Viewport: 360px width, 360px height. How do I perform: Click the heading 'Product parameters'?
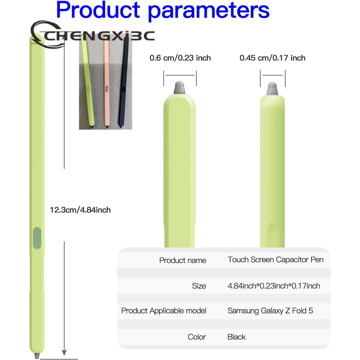[x=163, y=10]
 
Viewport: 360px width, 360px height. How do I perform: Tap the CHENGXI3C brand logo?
[x=92, y=35]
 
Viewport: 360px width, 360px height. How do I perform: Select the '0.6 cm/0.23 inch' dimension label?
[x=180, y=58]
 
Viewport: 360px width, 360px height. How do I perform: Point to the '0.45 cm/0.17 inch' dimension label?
[x=272, y=58]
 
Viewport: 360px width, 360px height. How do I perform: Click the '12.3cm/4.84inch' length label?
[x=81, y=210]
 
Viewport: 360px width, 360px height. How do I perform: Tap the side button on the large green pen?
[x=37, y=238]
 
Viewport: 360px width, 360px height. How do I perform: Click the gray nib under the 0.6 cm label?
[x=180, y=88]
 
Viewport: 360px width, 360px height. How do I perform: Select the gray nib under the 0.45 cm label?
[x=272, y=89]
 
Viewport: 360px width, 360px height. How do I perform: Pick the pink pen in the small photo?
[x=107, y=83]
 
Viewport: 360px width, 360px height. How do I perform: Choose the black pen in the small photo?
[x=123, y=83]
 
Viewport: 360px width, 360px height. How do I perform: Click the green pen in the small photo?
[x=88, y=83]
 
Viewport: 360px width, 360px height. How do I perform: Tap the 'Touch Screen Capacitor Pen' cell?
[x=276, y=260]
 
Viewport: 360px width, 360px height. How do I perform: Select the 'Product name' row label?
[x=183, y=261]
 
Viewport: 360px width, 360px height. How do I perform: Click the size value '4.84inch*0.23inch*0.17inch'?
[x=274, y=286]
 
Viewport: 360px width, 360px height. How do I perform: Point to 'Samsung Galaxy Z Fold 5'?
[x=270, y=311]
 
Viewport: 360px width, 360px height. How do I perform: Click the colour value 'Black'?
[x=237, y=337]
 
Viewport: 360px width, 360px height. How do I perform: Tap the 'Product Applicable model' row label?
[x=164, y=311]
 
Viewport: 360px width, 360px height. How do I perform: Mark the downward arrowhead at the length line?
[x=64, y=352]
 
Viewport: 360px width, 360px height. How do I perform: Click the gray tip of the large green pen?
[x=37, y=356]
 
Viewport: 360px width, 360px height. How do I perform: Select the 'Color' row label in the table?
[x=197, y=337]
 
